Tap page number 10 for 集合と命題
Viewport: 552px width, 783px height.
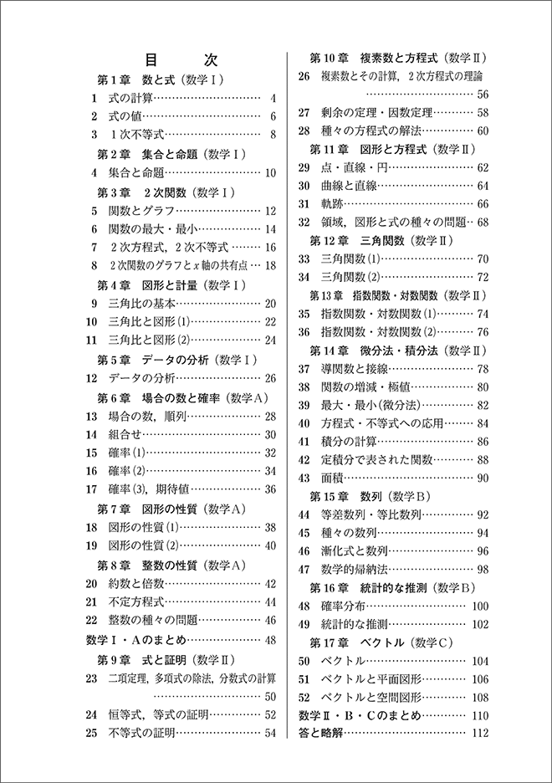click(270, 174)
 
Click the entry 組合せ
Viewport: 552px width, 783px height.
click(125, 434)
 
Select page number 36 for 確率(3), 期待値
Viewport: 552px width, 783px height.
click(270, 489)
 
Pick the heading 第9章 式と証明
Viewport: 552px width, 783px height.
click(168, 659)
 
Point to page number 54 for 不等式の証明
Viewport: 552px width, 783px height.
click(270, 734)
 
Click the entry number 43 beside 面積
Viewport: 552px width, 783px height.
click(304, 478)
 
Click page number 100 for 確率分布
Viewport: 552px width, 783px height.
click(480, 606)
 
